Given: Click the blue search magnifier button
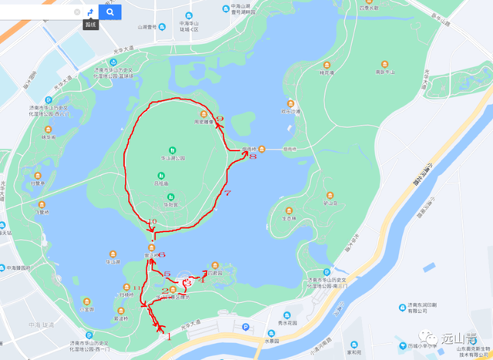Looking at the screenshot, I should click(x=110, y=12).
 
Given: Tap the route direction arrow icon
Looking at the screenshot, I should click(x=90, y=12).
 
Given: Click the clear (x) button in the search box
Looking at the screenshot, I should click(x=77, y=12).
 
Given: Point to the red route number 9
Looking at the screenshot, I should click(x=220, y=118).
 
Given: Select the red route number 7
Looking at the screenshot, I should click(x=226, y=192).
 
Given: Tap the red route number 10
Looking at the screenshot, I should click(x=152, y=222).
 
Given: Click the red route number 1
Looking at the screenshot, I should click(x=168, y=337).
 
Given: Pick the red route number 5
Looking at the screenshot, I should click(x=166, y=274).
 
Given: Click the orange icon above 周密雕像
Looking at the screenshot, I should click(x=203, y=113).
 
